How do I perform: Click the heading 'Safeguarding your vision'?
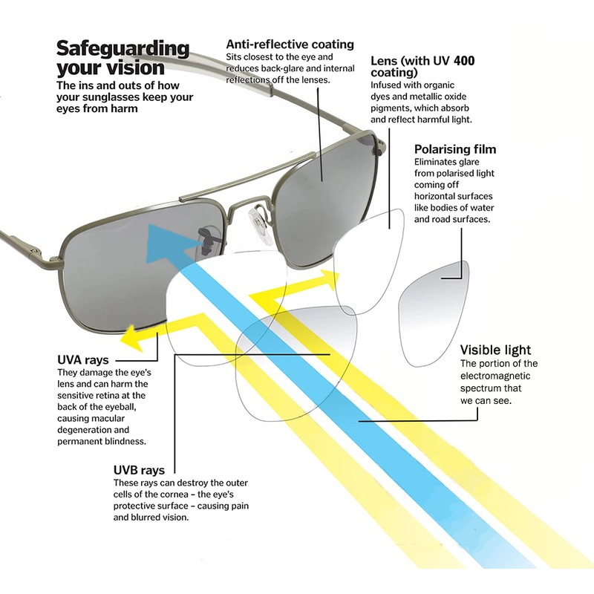click(x=123, y=59)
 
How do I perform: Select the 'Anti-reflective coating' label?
click(x=290, y=45)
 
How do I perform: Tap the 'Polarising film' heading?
click(x=454, y=149)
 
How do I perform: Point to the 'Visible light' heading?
click(x=495, y=350)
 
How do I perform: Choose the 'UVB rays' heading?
click(x=139, y=470)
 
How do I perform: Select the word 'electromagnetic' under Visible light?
click(x=498, y=376)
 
